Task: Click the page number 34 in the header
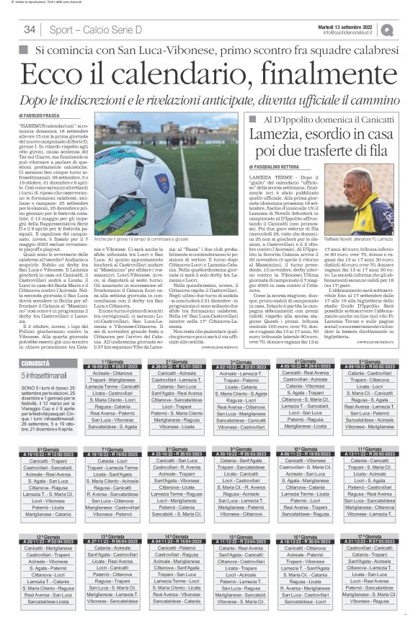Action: point(30,30)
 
